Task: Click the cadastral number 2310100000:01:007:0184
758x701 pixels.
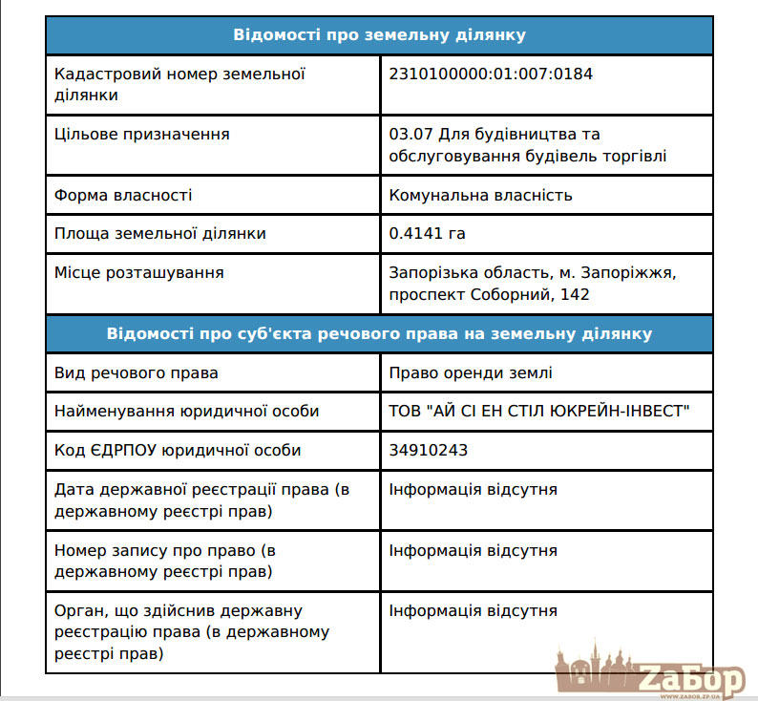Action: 491,74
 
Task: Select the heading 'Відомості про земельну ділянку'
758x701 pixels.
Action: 379,35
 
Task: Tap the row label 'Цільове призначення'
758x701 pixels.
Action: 141,135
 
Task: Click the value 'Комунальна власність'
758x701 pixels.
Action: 480,196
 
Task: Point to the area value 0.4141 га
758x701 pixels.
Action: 427,234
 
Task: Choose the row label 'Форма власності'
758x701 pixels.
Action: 123,196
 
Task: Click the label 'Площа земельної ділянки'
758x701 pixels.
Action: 160,234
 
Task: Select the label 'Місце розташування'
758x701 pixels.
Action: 139,273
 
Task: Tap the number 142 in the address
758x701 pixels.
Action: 576,295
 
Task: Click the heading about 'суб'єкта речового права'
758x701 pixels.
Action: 379,334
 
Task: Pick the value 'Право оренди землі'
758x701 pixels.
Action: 471,373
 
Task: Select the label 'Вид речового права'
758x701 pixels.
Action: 137,373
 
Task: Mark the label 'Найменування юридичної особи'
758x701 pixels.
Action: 186,412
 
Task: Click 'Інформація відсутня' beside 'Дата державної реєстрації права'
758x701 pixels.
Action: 473,490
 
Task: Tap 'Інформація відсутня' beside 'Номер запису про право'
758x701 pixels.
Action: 473,551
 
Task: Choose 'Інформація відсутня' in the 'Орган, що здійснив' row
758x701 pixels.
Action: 473,611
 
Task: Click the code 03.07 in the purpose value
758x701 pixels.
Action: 409,135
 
